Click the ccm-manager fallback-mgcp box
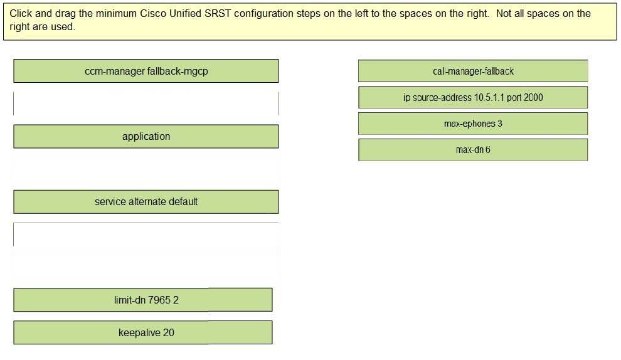[146, 71]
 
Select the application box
[146, 136]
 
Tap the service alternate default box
[146, 201]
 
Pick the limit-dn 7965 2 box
[143, 300]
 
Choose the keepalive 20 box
[143, 332]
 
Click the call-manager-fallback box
[473, 71]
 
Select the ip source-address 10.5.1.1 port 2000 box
[473, 97]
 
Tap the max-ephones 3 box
[473, 124]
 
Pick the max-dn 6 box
[473, 150]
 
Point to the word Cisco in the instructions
[153, 13]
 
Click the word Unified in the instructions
[185, 13]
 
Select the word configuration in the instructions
[263, 14]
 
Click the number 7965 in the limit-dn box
[159, 300]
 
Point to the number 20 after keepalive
[168, 332]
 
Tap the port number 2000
[533, 97]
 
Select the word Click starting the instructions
[21, 13]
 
